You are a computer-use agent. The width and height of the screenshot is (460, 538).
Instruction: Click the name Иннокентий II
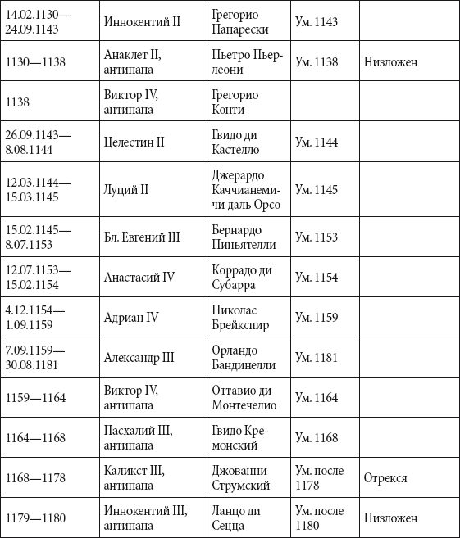click(x=143, y=21)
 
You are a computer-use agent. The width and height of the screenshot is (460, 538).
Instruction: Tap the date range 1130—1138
click(x=35, y=61)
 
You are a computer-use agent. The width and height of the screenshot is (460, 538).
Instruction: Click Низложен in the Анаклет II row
click(x=391, y=61)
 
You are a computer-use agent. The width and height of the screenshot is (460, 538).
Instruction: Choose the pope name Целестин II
click(x=134, y=142)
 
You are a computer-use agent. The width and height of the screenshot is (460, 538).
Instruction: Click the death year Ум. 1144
click(x=317, y=142)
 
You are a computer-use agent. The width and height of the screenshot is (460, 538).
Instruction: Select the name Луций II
click(x=126, y=190)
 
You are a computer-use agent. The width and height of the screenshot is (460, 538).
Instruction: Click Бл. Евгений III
click(x=142, y=237)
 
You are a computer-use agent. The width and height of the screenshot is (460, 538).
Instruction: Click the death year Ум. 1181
click(x=316, y=358)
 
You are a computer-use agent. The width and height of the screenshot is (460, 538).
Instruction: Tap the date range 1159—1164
click(x=35, y=398)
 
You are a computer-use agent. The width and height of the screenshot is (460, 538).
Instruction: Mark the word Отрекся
click(x=386, y=478)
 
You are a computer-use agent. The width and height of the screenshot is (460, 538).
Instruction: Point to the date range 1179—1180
click(x=35, y=518)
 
